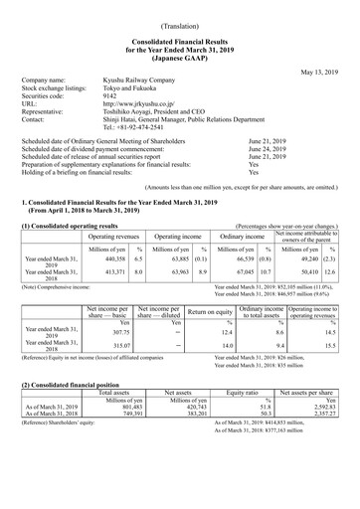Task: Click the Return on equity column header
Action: [x=209, y=313]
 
